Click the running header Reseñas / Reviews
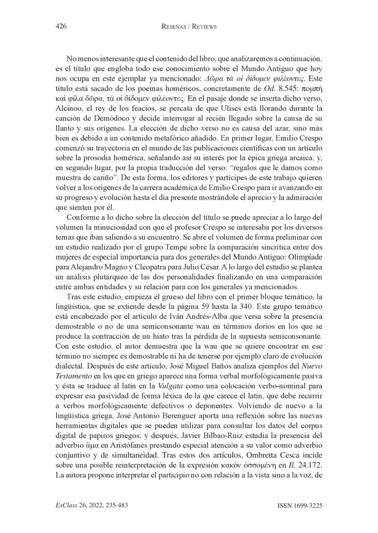[x=189, y=27]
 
